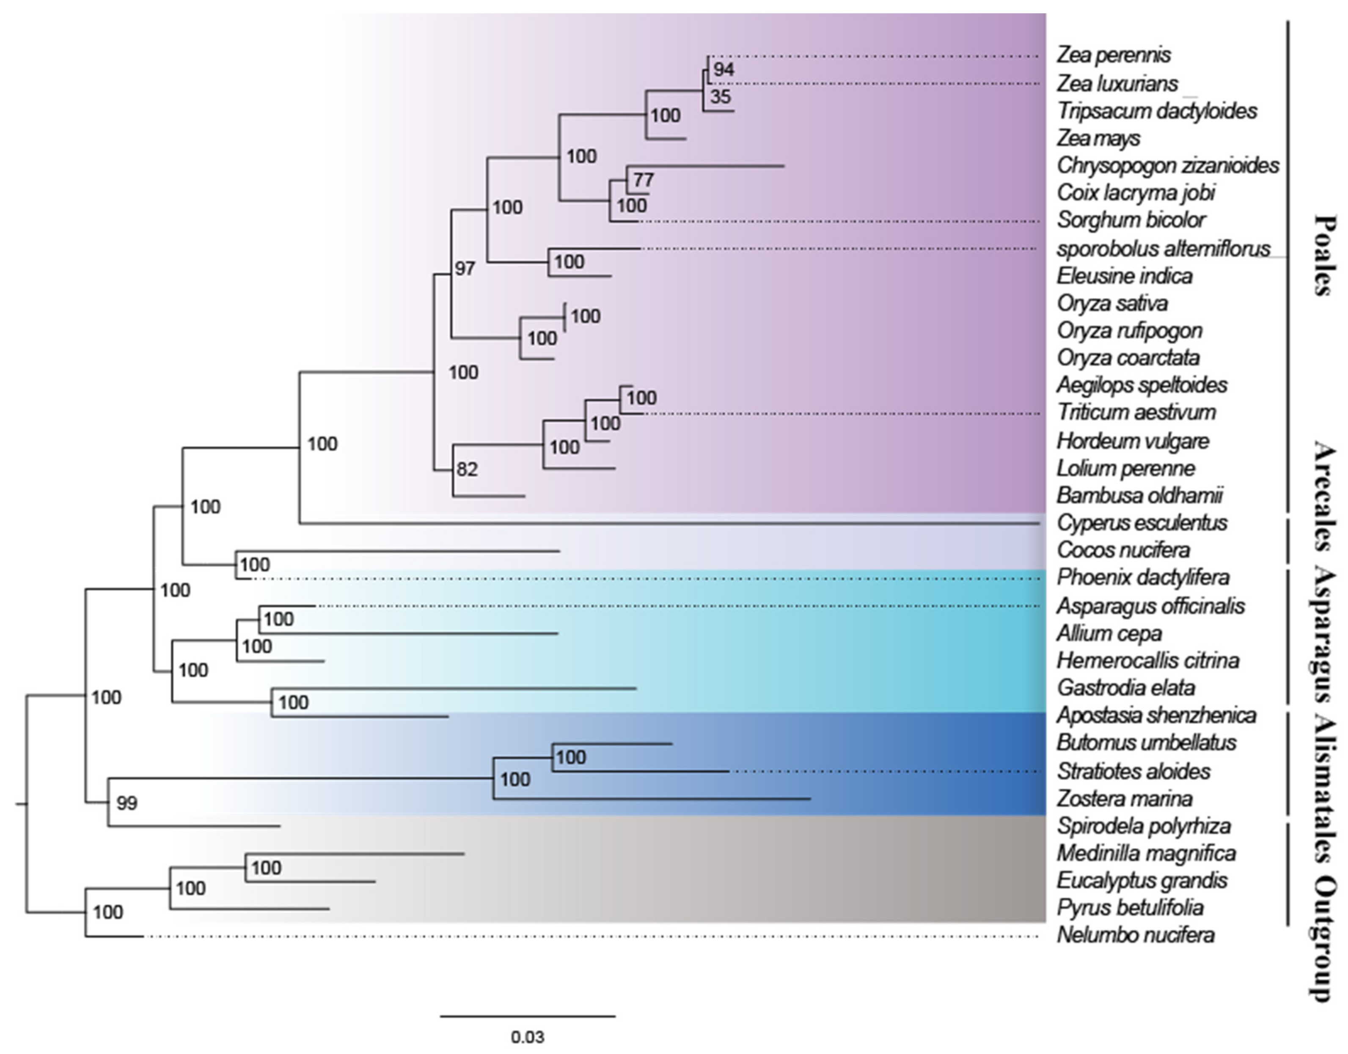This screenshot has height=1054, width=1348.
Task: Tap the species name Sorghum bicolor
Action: tap(1131, 220)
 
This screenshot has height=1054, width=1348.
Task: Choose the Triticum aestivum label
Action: tap(1136, 412)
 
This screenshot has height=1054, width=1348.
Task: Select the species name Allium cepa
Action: tap(1109, 634)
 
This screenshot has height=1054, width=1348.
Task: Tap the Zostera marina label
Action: tap(1124, 799)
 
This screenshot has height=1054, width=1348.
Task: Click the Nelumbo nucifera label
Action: tap(1136, 936)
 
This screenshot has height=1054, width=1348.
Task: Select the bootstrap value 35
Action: tap(720, 97)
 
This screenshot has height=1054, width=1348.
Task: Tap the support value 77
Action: tap(643, 180)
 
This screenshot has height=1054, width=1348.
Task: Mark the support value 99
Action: tap(127, 804)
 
